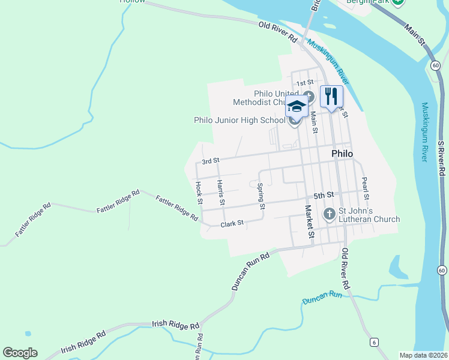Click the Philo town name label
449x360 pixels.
tap(342, 154)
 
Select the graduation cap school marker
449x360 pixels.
tap(297, 106)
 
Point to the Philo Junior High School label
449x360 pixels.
tap(240, 120)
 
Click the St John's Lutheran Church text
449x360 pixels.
tap(369, 215)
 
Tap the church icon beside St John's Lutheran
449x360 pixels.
tap(329, 214)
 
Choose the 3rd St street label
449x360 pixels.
tap(211, 161)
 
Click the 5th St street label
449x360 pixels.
tap(323, 196)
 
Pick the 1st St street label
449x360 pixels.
tap(305, 82)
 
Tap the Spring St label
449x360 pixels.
tap(261, 196)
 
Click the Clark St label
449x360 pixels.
tap(232, 224)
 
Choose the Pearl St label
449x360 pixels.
tap(364, 188)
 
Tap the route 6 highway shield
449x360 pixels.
tap(374, 342)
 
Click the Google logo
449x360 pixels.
tap(20, 353)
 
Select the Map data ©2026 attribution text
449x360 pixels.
tap(423, 355)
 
